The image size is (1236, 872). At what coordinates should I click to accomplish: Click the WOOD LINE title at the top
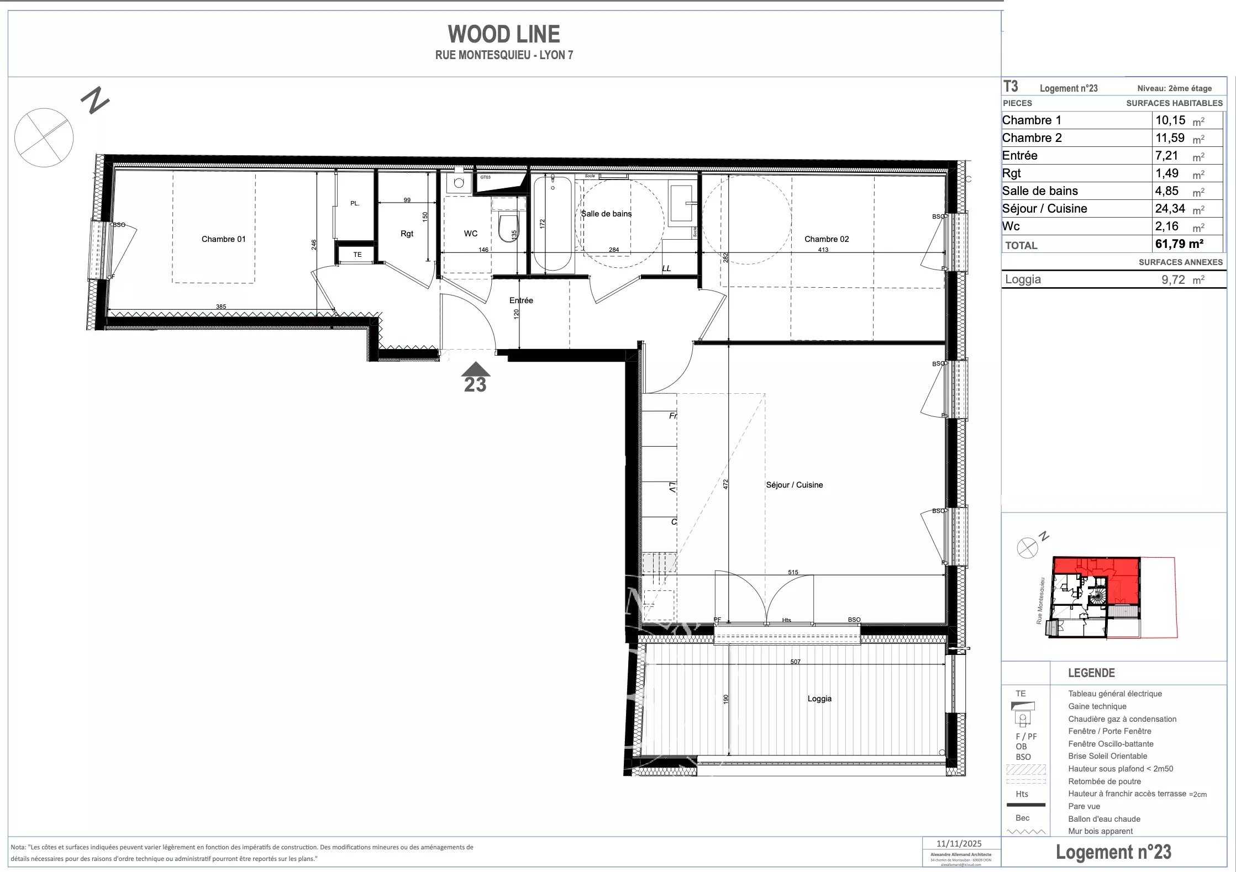pyautogui.click(x=503, y=34)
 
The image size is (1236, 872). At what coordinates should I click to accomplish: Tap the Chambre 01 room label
pyautogui.click(x=223, y=239)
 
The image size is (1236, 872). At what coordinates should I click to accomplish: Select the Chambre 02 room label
pyautogui.click(x=826, y=239)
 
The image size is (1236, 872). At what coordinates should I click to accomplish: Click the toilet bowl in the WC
pyautogui.click(x=507, y=228)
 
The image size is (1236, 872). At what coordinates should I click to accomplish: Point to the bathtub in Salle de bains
pyautogui.click(x=552, y=224)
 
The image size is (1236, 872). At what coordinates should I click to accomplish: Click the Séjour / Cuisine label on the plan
pyautogui.click(x=794, y=485)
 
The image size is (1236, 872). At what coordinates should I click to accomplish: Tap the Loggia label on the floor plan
pyautogui.click(x=819, y=699)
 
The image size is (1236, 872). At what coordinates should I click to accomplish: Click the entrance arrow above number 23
pyautogui.click(x=475, y=369)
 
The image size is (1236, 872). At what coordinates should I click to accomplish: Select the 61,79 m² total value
pyautogui.click(x=1179, y=244)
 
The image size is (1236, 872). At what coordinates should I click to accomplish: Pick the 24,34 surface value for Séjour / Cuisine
pyautogui.click(x=1170, y=209)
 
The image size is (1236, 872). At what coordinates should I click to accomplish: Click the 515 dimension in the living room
pyautogui.click(x=793, y=572)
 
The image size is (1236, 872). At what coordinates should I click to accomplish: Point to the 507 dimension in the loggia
pyautogui.click(x=795, y=662)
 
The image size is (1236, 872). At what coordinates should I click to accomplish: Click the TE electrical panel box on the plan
pyautogui.click(x=357, y=255)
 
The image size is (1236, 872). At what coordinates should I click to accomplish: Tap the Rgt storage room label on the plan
pyautogui.click(x=407, y=234)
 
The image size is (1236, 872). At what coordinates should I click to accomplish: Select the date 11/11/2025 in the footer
pyautogui.click(x=959, y=843)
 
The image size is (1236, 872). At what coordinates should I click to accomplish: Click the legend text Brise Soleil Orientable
pyautogui.click(x=1107, y=756)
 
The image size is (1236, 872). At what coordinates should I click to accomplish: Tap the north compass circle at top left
pyautogui.click(x=44, y=138)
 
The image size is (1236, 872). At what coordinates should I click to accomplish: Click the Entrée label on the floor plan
pyautogui.click(x=521, y=300)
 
